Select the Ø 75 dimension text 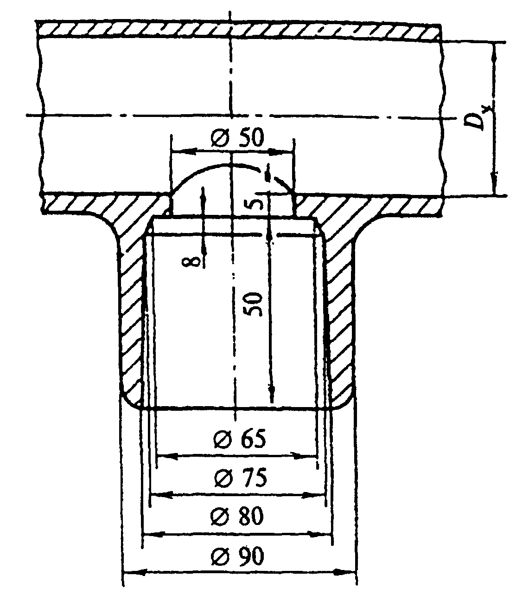[241, 477]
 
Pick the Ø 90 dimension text [237, 556]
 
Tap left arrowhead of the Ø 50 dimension [184, 151]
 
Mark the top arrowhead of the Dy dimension [494, 53]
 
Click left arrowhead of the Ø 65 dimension [167, 456]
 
